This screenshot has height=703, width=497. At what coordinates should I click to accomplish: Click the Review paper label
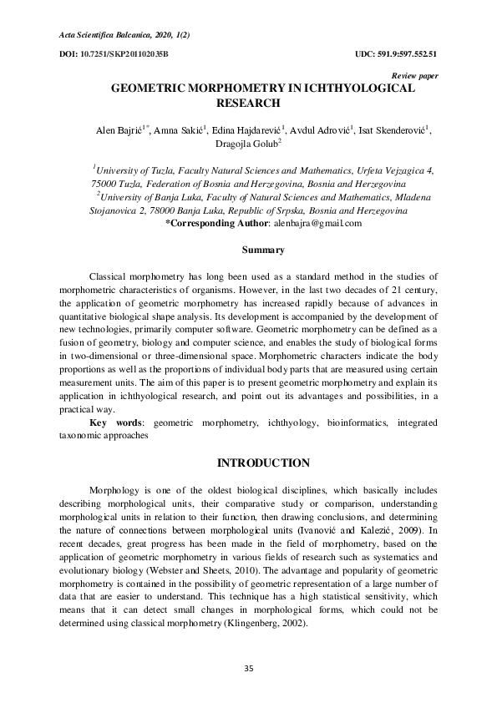pyautogui.click(x=415, y=75)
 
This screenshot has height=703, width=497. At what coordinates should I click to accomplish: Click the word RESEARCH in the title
pyautogui.click(x=248, y=103)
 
